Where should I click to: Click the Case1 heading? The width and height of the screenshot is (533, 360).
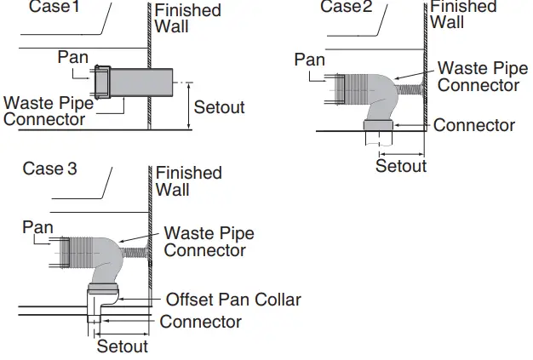click(54, 8)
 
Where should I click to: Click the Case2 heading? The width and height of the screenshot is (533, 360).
click(347, 7)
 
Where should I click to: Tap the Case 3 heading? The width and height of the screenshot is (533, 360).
click(49, 169)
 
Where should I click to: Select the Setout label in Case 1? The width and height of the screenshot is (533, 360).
click(219, 107)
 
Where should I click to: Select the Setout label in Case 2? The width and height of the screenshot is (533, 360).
click(401, 165)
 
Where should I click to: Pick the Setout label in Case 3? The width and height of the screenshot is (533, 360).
click(123, 346)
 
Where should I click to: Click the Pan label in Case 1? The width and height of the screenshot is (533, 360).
click(73, 57)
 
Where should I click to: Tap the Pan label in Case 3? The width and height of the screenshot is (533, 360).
click(37, 227)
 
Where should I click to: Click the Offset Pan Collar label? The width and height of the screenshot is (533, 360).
click(233, 300)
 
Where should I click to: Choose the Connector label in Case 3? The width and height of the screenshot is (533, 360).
click(201, 322)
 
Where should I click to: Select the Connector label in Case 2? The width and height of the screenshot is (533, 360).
click(474, 125)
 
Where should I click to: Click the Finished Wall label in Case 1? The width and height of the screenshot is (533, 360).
click(187, 17)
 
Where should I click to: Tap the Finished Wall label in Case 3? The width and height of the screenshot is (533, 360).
click(188, 180)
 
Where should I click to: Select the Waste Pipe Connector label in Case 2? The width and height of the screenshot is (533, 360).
click(479, 77)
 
